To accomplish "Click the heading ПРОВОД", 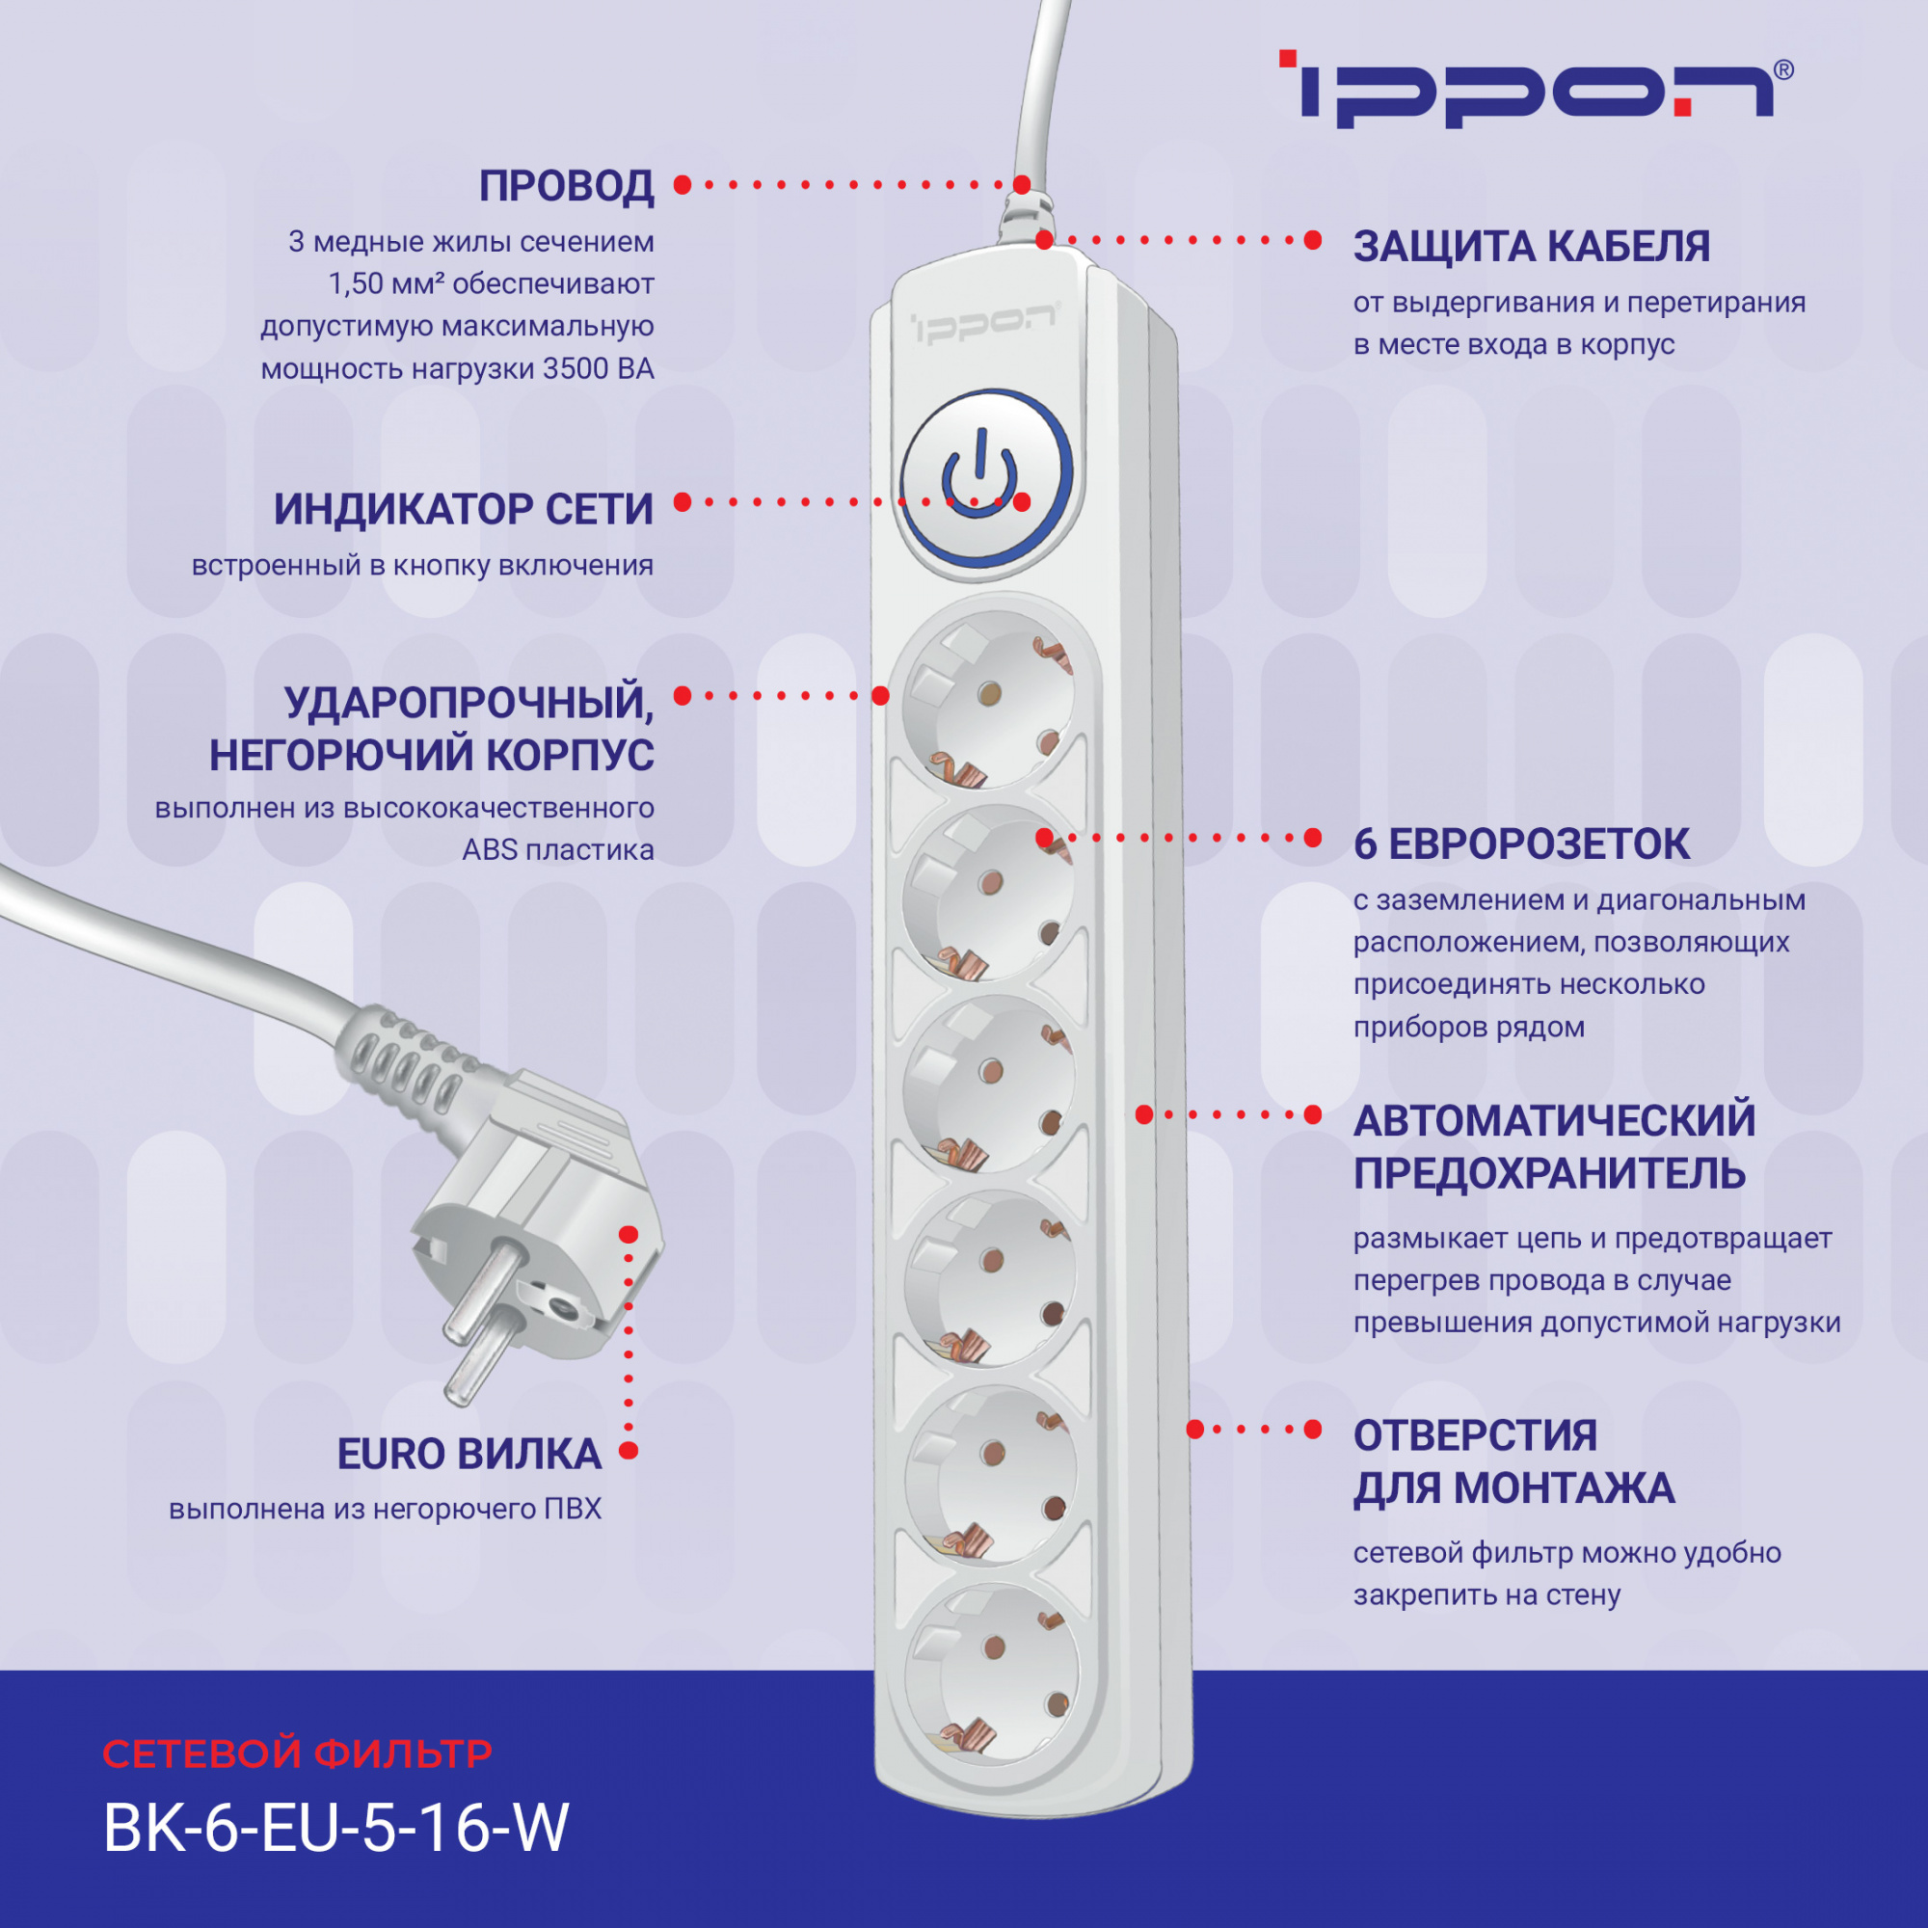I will point(566,187).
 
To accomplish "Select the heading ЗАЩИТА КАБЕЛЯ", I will point(1531,248).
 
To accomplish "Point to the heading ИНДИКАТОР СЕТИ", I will point(464,510).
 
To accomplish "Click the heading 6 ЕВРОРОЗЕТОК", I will point(1521,845).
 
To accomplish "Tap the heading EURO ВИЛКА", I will point(469,1455).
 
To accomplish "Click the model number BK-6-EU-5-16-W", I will point(336,1828).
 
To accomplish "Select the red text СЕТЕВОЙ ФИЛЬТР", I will point(297,1754).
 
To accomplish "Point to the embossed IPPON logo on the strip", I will point(983,324).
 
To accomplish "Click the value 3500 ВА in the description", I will point(598,369).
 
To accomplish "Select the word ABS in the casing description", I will point(489,850).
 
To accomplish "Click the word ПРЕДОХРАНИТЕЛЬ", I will point(1549,1173).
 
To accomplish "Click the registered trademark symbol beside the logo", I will point(1783,69).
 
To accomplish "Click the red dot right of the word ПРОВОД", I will point(683,185).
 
